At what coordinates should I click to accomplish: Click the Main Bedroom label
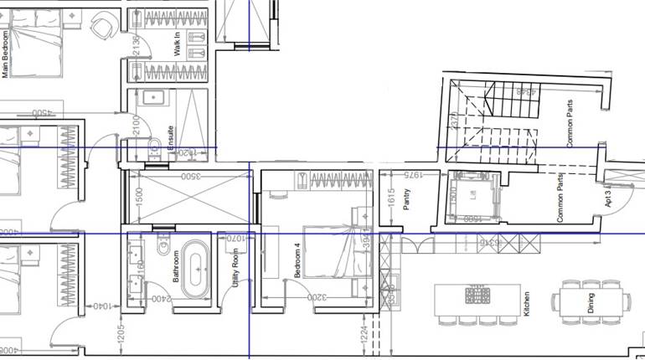6,54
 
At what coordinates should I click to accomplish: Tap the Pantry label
406,202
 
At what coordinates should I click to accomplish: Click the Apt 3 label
607,198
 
